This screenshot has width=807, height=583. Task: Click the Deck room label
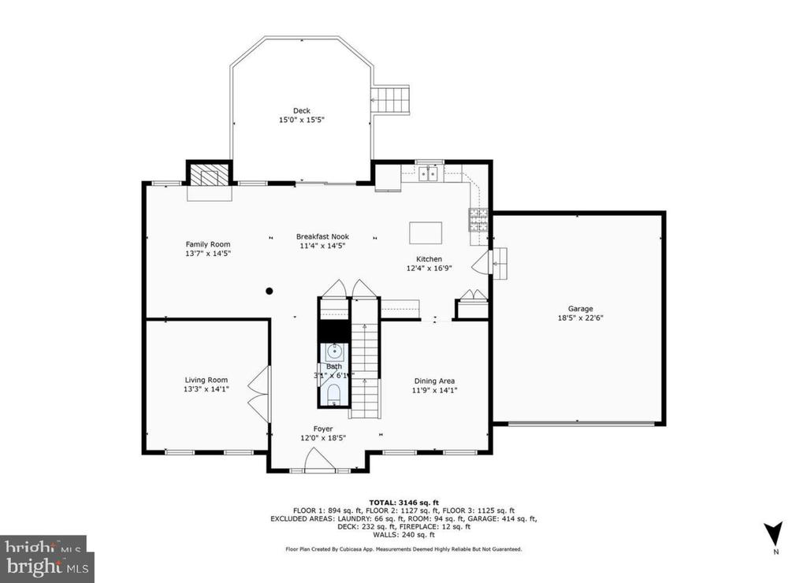pos(301,110)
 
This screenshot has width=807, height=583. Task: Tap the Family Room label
pos(208,244)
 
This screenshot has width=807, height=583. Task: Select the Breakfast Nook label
pos(322,236)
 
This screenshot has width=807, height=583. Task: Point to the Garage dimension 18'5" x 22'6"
pos(581,318)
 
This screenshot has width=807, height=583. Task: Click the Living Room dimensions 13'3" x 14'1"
pos(206,389)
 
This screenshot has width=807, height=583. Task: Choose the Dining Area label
pos(434,381)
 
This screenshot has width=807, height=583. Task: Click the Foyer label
pos(323,429)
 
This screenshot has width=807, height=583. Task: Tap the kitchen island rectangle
pos(425,233)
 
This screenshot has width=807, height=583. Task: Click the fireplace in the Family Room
pos(209,174)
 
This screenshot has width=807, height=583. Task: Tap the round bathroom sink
pos(334,352)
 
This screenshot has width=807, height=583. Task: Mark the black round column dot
pos(270,291)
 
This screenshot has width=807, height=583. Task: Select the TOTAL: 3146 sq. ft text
pos(403,502)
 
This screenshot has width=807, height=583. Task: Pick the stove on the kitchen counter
pos(478,218)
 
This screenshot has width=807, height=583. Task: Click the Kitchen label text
pos(430,259)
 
